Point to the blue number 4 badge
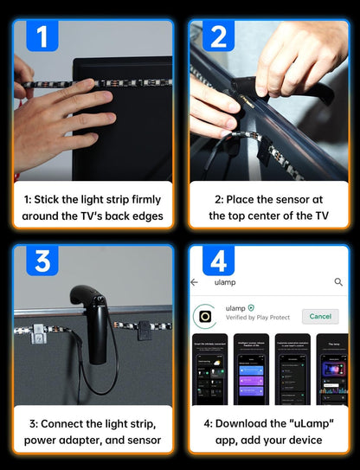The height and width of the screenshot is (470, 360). tap(218, 259)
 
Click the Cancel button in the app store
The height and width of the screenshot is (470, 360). tap(320, 317)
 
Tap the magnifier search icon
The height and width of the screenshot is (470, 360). tap(338, 282)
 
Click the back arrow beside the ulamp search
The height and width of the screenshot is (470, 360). tap(195, 282)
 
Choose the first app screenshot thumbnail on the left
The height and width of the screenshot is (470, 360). tap(209, 370)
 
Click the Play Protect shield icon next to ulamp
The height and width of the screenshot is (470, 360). tap(252, 308)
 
